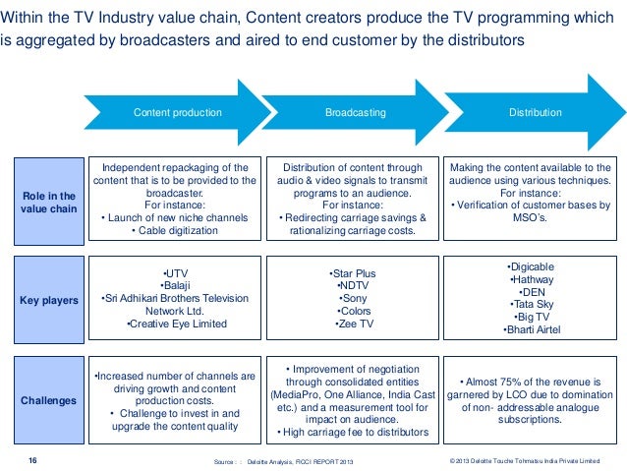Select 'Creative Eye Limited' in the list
[176, 324]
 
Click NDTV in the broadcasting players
[352, 284]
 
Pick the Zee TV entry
[352, 324]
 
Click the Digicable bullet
[530, 265]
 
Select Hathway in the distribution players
[530, 278]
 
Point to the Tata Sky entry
[530, 304]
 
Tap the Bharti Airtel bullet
[530, 329]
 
